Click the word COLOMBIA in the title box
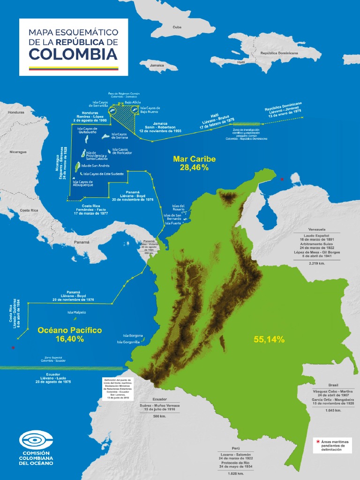pos(73,54)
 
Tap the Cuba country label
pos(177,27)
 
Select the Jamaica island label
pos(157,65)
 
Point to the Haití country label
pos(241,62)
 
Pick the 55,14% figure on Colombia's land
pos(269,339)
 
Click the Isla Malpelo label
pos(76,312)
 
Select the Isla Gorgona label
pos(133,336)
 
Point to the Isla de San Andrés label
pos(95,165)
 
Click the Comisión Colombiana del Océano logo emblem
pos(36,440)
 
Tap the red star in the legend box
pos(319,442)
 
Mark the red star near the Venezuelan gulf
pos(282,180)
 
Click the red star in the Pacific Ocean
pos(13,348)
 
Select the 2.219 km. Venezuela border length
pos(317,263)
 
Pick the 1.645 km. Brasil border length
pos(333,410)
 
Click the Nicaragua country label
pos(18,152)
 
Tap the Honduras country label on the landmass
pos(16,112)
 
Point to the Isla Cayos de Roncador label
pos(122,151)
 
